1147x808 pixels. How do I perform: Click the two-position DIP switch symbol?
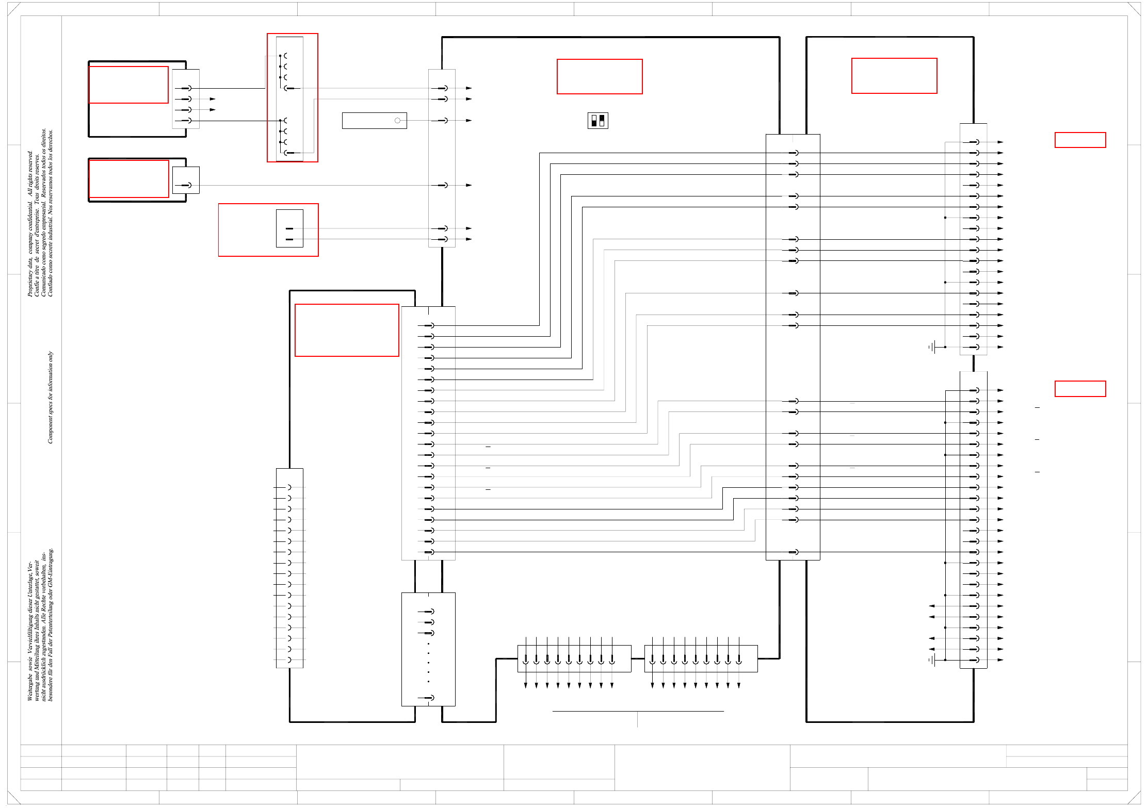[x=597, y=121]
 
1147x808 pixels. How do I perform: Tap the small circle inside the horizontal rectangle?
[x=397, y=121]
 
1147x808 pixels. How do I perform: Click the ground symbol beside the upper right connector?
[x=932, y=347]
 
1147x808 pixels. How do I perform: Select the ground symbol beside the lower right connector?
[x=932, y=660]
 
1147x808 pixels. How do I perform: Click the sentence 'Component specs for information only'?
[x=50, y=397]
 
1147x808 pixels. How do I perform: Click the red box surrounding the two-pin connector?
[x=268, y=230]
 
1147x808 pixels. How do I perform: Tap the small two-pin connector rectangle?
[x=289, y=228]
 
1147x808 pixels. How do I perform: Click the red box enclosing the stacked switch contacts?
[x=293, y=98]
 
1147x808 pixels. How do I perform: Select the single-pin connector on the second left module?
[x=186, y=180]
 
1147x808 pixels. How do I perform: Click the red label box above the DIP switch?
[x=600, y=77]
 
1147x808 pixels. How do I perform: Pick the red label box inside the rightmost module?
[x=894, y=76]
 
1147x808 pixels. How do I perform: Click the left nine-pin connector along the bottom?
[x=574, y=658]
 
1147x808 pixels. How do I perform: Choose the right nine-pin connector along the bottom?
[x=701, y=658]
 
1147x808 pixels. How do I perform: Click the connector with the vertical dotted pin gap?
[x=428, y=649]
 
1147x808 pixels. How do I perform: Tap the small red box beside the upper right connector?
[x=1080, y=140]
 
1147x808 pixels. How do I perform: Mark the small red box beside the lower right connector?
[x=1080, y=389]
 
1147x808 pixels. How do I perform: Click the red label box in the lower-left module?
[x=347, y=330]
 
